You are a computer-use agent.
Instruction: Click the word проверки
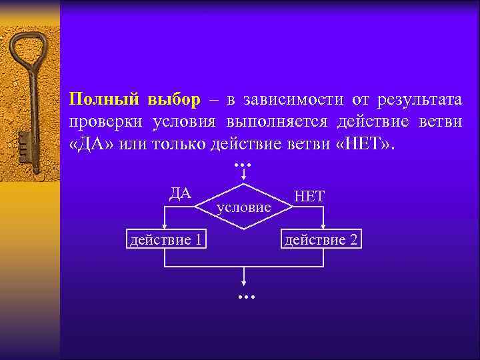pyautogui.click(x=105, y=123)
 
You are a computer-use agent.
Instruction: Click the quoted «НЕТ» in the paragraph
pyautogui.click(x=361, y=145)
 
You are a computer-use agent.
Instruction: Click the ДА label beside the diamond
pyautogui.click(x=180, y=194)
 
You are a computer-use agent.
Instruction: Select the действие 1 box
pyautogui.click(x=165, y=239)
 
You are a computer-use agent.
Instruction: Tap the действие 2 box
pyautogui.click(x=323, y=239)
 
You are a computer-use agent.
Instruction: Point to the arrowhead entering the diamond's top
pyautogui.click(x=244, y=179)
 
